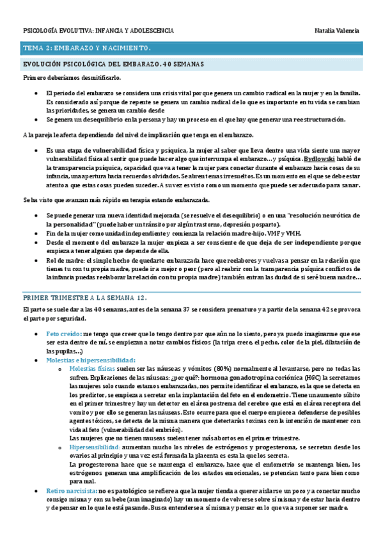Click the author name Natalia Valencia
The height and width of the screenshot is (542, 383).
pos(337,31)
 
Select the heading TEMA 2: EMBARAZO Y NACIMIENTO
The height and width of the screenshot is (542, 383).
pos(87,49)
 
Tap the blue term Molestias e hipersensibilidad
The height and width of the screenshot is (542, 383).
pos(91,360)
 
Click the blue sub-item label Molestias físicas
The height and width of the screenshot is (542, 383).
pos(91,369)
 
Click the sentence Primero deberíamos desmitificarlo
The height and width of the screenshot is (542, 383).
pos(71,77)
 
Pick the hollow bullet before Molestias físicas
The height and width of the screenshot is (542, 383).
pos(59,369)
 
